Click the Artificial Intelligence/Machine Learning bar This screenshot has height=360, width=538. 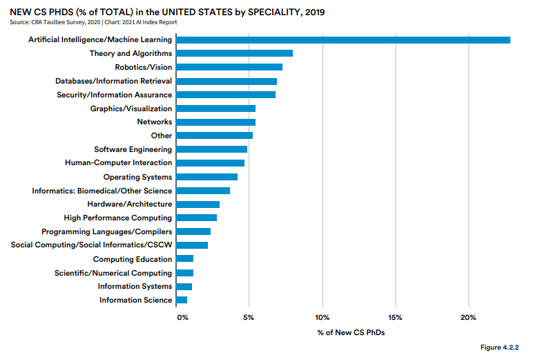(x=343, y=39)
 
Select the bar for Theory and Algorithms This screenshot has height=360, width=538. (x=234, y=53)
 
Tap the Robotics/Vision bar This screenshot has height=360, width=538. (x=229, y=67)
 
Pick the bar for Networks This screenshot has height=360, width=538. (x=215, y=122)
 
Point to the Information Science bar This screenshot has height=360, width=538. (x=182, y=300)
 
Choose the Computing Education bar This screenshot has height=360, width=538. (x=184, y=259)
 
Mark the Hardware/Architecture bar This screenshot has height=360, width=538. (x=198, y=205)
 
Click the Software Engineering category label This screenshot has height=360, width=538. (x=133, y=149)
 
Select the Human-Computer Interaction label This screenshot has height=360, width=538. (x=119, y=163)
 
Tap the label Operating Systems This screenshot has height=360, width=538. (x=138, y=177)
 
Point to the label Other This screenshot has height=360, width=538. (x=162, y=135)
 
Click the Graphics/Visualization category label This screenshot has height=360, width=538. (x=131, y=108)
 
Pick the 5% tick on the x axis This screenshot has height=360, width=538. (x=249, y=317)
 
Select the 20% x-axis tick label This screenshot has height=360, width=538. (x=468, y=317)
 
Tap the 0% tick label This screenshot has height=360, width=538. (x=182, y=317)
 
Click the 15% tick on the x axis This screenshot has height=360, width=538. (x=395, y=317)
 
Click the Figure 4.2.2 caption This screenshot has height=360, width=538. (x=499, y=346)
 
